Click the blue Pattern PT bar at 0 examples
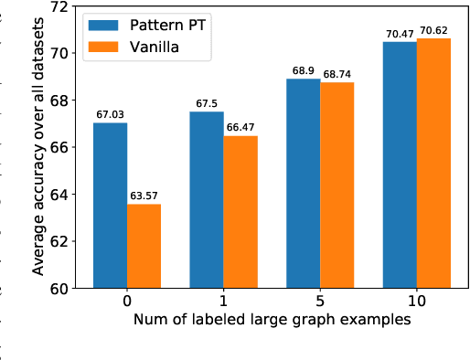click(x=110, y=206)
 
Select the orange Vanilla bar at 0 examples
click(x=144, y=246)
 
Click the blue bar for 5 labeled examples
click(x=304, y=184)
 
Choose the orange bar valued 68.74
click(x=337, y=185)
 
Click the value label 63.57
click(x=144, y=196)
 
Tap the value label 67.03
click(x=110, y=115)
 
